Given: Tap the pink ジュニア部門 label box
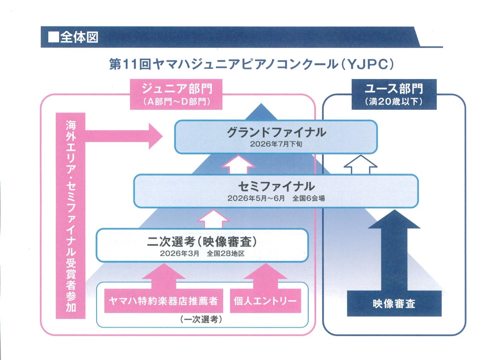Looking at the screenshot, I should click(x=176, y=94).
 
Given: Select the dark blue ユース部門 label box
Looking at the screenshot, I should click(x=394, y=94).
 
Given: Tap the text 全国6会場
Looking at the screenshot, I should click(x=308, y=198).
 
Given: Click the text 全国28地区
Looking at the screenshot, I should click(x=225, y=253).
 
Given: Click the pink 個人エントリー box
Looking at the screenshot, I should click(x=265, y=301).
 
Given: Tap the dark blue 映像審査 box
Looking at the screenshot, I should click(x=394, y=303).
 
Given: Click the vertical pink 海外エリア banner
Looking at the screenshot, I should click(x=71, y=216).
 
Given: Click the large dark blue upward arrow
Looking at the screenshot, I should click(x=394, y=251).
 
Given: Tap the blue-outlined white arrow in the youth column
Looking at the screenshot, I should click(x=360, y=164).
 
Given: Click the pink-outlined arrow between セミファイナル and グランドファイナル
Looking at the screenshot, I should click(x=238, y=164).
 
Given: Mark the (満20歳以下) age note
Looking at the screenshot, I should click(x=394, y=102).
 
